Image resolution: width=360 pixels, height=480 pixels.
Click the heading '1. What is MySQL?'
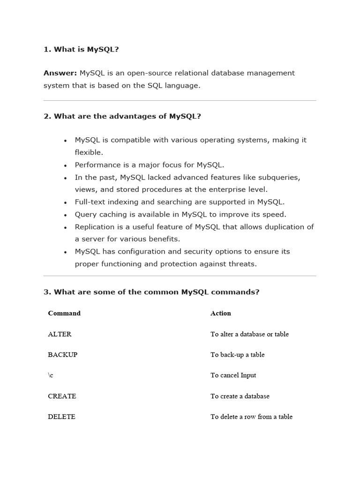(x=81, y=49)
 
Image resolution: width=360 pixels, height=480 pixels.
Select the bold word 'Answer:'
(x=60, y=73)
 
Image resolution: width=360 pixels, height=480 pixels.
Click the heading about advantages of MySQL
(x=122, y=116)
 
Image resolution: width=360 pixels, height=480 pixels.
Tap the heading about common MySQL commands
(x=151, y=292)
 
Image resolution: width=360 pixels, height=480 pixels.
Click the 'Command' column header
(x=64, y=313)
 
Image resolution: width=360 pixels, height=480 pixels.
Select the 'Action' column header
(x=220, y=313)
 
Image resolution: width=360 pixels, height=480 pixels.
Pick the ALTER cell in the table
(x=60, y=334)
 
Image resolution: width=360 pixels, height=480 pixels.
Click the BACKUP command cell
(x=62, y=355)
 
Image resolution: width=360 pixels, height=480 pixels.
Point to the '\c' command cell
(x=51, y=375)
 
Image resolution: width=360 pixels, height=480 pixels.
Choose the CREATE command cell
(x=62, y=396)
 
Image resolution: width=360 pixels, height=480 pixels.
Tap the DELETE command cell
(x=61, y=417)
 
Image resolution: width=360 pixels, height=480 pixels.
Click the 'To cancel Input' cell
(x=233, y=375)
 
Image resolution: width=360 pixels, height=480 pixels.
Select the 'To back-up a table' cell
(x=237, y=355)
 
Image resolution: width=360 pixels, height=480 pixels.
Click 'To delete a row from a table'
(x=251, y=417)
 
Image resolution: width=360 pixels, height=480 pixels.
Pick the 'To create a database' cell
(x=240, y=396)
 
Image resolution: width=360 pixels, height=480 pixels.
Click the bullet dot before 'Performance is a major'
(x=65, y=165)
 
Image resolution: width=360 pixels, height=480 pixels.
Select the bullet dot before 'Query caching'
(x=65, y=215)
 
